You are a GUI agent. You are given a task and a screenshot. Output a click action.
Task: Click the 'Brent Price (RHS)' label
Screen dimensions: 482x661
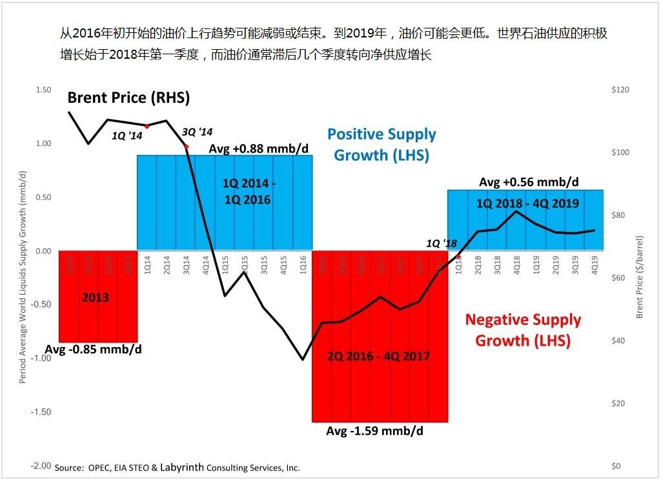(x=128, y=98)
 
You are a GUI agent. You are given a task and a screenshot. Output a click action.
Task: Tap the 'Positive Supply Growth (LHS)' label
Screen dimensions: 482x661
(x=381, y=145)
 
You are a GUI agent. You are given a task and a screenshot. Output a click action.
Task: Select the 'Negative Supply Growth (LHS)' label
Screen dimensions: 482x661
(x=523, y=330)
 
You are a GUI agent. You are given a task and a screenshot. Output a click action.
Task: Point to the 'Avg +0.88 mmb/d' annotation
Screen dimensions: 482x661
(x=259, y=149)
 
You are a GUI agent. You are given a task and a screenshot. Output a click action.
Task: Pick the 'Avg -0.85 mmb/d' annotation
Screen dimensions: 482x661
(x=93, y=350)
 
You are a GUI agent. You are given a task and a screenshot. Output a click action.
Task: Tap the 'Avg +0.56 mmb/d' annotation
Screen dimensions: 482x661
(x=529, y=182)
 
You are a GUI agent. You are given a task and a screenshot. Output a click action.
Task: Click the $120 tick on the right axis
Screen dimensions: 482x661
(x=620, y=90)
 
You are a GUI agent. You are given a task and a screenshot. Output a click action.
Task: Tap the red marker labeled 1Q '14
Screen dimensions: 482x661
(x=147, y=126)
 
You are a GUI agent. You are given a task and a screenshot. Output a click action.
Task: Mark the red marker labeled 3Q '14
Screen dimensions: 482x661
(x=186, y=147)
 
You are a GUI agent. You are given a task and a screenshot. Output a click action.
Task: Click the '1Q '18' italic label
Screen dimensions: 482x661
(x=442, y=244)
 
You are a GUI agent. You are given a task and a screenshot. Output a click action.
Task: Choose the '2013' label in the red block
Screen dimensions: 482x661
(x=95, y=298)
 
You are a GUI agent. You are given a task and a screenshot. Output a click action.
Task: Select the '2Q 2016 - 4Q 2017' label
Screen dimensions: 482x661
(x=378, y=356)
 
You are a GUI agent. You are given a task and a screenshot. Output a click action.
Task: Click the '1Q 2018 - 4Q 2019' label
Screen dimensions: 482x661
(x=527, y=203)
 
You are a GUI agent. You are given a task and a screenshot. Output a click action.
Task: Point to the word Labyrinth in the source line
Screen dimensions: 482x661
(x=187, y=467)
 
